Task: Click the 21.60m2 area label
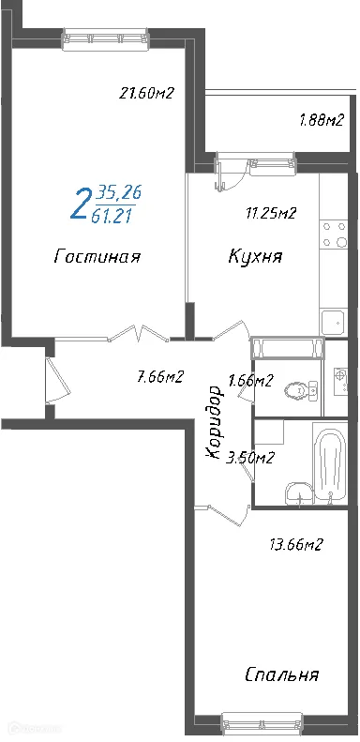click(147, 93)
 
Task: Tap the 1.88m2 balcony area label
click(321, 119)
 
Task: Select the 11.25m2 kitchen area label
click(270, 213)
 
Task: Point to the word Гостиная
click(97, 256)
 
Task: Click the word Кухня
click(255, 256)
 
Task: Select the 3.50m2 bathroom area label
click(251, 458)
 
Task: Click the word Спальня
click(281, 674)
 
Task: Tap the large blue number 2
click(82, 203)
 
